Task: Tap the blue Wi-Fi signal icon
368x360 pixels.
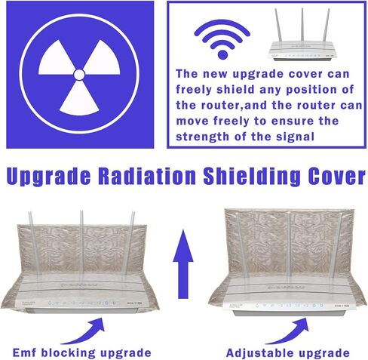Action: point(221,39)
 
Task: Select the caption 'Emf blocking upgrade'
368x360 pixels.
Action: point(82,352)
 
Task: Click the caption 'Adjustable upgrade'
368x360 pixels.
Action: point(287,352)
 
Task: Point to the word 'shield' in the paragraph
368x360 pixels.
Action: point(227,91)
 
